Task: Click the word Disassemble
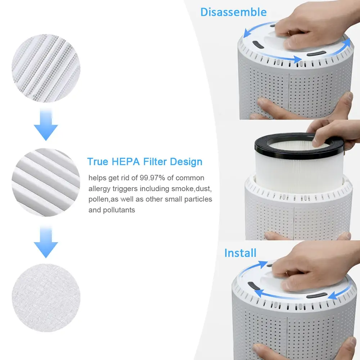point(233,12)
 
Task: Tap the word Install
point(240,253)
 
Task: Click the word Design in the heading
point(186,162)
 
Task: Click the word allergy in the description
point(101,189)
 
